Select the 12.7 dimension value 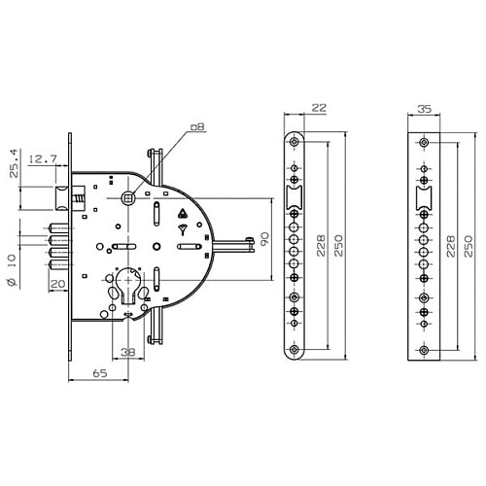pyautogui.click(x=42, y=157)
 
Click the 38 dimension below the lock pyautogui.click(x=127, y=353)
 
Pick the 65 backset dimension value pyautogui.click(x=99, y=372)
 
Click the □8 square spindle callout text pyautogui.click(x=195, y=127)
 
